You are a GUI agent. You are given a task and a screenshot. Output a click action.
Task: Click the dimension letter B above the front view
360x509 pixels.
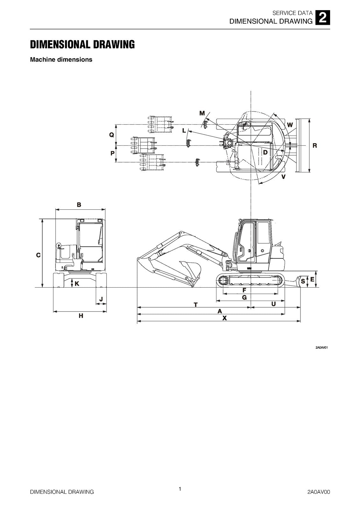79,205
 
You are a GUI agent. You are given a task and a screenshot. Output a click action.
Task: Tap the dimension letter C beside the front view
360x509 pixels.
38,255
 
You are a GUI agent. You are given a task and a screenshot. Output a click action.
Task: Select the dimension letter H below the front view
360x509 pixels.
81,316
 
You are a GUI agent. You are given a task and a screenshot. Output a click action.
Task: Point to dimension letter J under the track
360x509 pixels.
101,299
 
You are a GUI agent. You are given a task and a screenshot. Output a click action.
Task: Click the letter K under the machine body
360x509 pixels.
77,283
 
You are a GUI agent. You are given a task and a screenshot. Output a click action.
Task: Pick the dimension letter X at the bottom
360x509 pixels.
224,318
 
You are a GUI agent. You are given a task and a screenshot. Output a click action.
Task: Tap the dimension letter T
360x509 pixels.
196,305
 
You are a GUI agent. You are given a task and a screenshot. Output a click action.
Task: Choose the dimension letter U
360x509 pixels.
273,304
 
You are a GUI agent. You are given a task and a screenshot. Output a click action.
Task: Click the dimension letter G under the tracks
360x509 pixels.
244,297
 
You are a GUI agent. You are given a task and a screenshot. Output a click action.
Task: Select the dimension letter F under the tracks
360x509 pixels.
244,290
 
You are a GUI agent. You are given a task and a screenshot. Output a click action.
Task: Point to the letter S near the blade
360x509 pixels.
303,281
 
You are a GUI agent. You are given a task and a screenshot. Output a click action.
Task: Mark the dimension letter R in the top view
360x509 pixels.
314,145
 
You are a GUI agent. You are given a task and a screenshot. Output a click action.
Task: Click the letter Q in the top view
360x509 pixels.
112,135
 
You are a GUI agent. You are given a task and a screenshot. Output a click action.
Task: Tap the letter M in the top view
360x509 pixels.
202,113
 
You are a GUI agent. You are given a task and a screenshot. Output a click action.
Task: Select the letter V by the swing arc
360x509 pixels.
283,176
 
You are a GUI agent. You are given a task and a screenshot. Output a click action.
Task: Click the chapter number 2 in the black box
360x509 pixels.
322,18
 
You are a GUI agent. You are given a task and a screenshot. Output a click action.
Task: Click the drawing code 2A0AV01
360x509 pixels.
321,347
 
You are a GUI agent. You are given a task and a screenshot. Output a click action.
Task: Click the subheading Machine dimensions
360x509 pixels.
61,59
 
